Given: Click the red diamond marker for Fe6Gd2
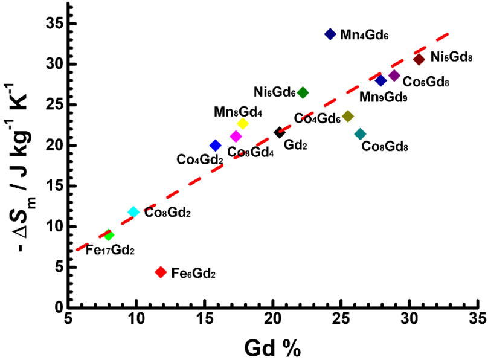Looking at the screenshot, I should pyautogui.click(x=161, y=272).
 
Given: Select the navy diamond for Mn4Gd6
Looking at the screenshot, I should pyautogui.click(x=330, y=34).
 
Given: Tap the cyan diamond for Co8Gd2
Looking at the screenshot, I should pyautogui.click(x=133, y=212).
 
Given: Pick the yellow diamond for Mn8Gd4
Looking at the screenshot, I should pyautogui.click(x=243, y=123).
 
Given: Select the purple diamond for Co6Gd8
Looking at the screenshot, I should pyautogui.click(x=394, y=76).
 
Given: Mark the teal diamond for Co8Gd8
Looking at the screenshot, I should pyautogui.click(x=360, y=133).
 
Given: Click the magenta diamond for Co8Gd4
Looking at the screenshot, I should pyautogui.click(x=236, y=137).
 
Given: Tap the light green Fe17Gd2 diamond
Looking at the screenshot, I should pyautogui.click(x=109, y=235).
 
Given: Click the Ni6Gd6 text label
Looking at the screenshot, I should pyautogui.click(x=274, y=92).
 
